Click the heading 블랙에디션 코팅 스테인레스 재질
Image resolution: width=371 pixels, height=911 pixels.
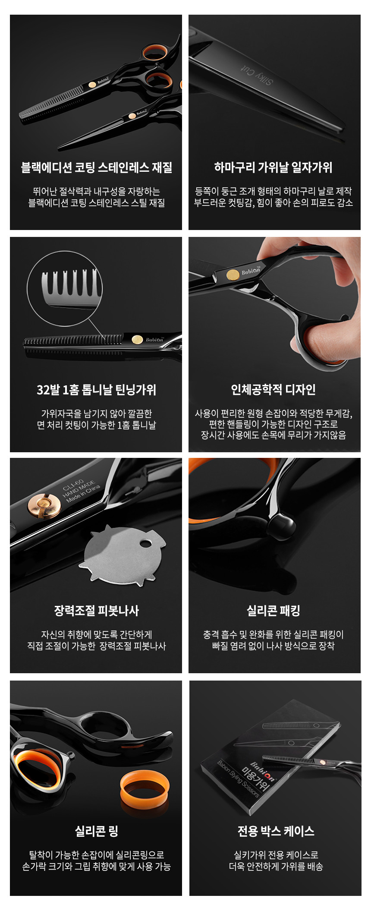pyautogui.click(x=97, y=167)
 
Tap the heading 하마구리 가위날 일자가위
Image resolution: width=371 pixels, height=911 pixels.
pyautogui.click(x=274, y=167)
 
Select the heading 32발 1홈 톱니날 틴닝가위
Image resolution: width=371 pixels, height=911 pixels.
pyautogui.click(x=97, y=390)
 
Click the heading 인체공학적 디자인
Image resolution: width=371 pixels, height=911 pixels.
pyautogui.click(x=274, y=390)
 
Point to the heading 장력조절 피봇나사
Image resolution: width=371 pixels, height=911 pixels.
pyautogui.click(x=97, y=611)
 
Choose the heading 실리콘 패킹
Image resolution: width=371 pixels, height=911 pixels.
pyautogui.click(x=274, y=611)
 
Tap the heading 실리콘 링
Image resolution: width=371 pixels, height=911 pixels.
pyautogui.click(x=97, y=831)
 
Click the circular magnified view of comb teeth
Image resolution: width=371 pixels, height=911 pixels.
pyautogui.click(x=65, y=288)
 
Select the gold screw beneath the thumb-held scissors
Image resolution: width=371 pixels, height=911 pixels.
pyautogui.click(x=233, y=275)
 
